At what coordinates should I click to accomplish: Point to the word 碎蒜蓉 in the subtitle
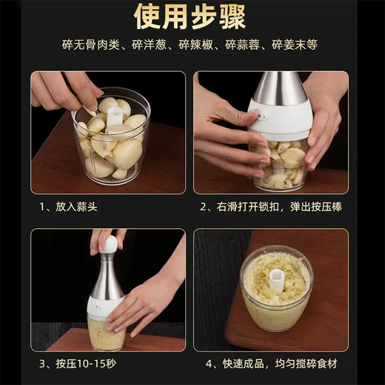pos(245,45)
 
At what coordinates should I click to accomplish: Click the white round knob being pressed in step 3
pos(109,244)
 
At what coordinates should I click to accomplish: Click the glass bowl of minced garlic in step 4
pos(277,292)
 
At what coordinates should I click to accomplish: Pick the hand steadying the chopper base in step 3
pos(144,300)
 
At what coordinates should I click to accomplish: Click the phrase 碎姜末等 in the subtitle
pos(295,45)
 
